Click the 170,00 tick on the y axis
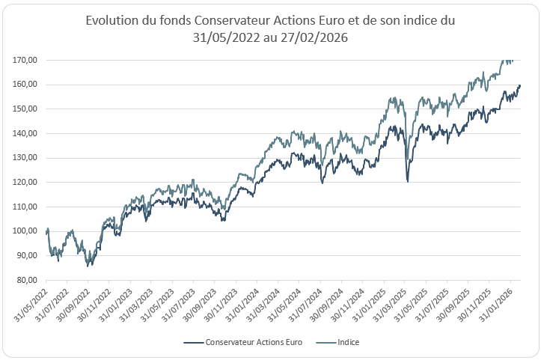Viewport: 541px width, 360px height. pos(28,60)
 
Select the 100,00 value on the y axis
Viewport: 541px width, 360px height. pos(28,231)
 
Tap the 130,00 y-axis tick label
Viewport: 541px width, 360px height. pos(28,158)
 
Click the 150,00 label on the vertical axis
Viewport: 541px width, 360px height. pos(28,109)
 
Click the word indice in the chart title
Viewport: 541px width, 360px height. pos(416,21)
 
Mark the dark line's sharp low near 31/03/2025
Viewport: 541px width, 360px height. pos(407,181)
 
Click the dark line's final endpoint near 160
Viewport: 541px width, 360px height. pos(520,85)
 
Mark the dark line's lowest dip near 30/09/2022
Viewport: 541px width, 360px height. pos(88,266)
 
